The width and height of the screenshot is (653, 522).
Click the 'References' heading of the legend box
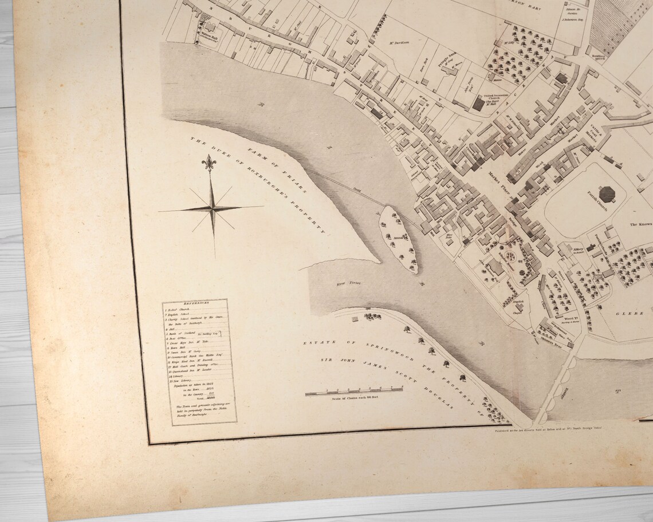[x=195, y=304]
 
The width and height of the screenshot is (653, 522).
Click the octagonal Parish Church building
[x=607, y=193]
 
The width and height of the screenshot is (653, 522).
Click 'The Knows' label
[x=641, y=224]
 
